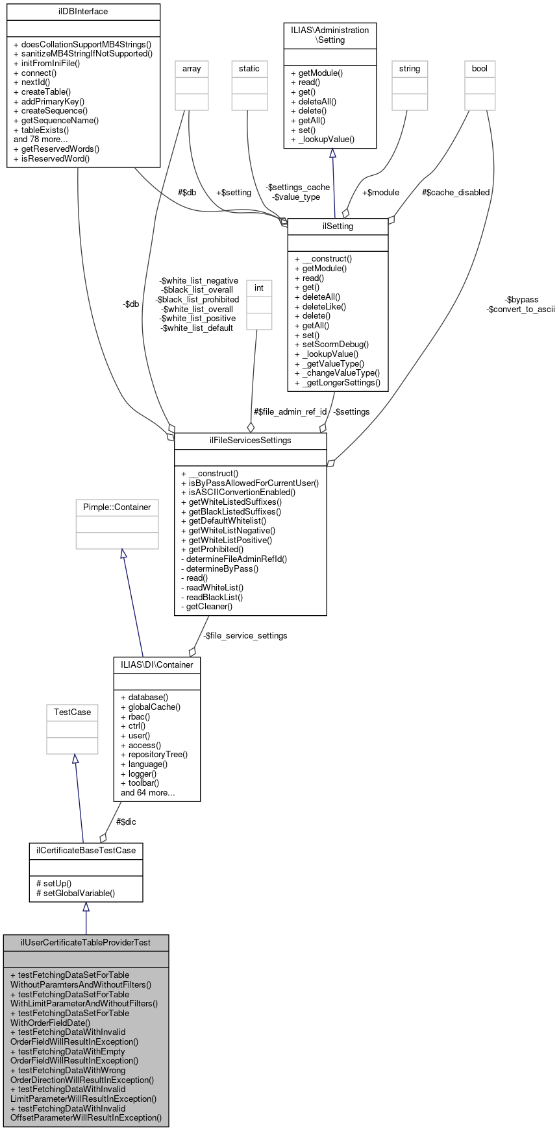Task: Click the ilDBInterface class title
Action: pyautogui.click(x=83, y=12)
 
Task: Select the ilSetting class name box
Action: pyautogui.click(x=338, y=226)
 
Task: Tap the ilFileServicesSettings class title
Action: pyautogui.click(x=250, y=440)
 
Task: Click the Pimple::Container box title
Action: pyautogui.click(x=117, y=507)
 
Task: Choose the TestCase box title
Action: pyautogui.click(x=72, y=712)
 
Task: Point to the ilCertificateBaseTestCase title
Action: pyautogui.click(x=86, y=850)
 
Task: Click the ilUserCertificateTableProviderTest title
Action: pyautogui.click(x=86, y=942)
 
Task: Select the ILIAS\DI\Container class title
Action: pyautogui.click(x=156, y=664)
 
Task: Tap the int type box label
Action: pyautogui.click(x=259, y=287)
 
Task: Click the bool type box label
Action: pyautogui.click(x=480, y=68)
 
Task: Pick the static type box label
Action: pyautogui.click(x=249, y=68)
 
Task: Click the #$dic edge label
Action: pyautogui.click(x=126, y=821)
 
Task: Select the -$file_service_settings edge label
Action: pyautogui.click(x=245, y=635)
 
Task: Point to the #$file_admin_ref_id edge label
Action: pyautogui.click(x=290, y=411)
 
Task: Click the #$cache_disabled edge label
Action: pyautogui.click(x=455, y=192)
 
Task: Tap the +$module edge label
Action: pyautogui.click(x=380, y=192)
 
